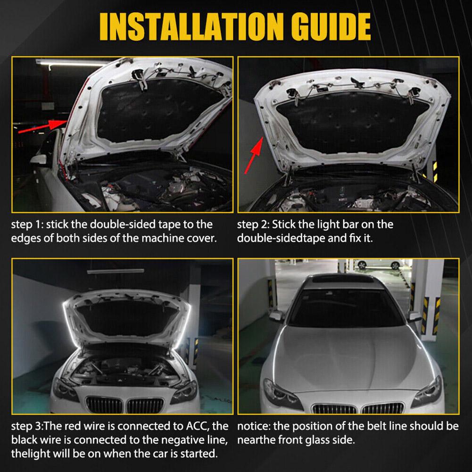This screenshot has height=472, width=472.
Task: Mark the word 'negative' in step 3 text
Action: point(170,440)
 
